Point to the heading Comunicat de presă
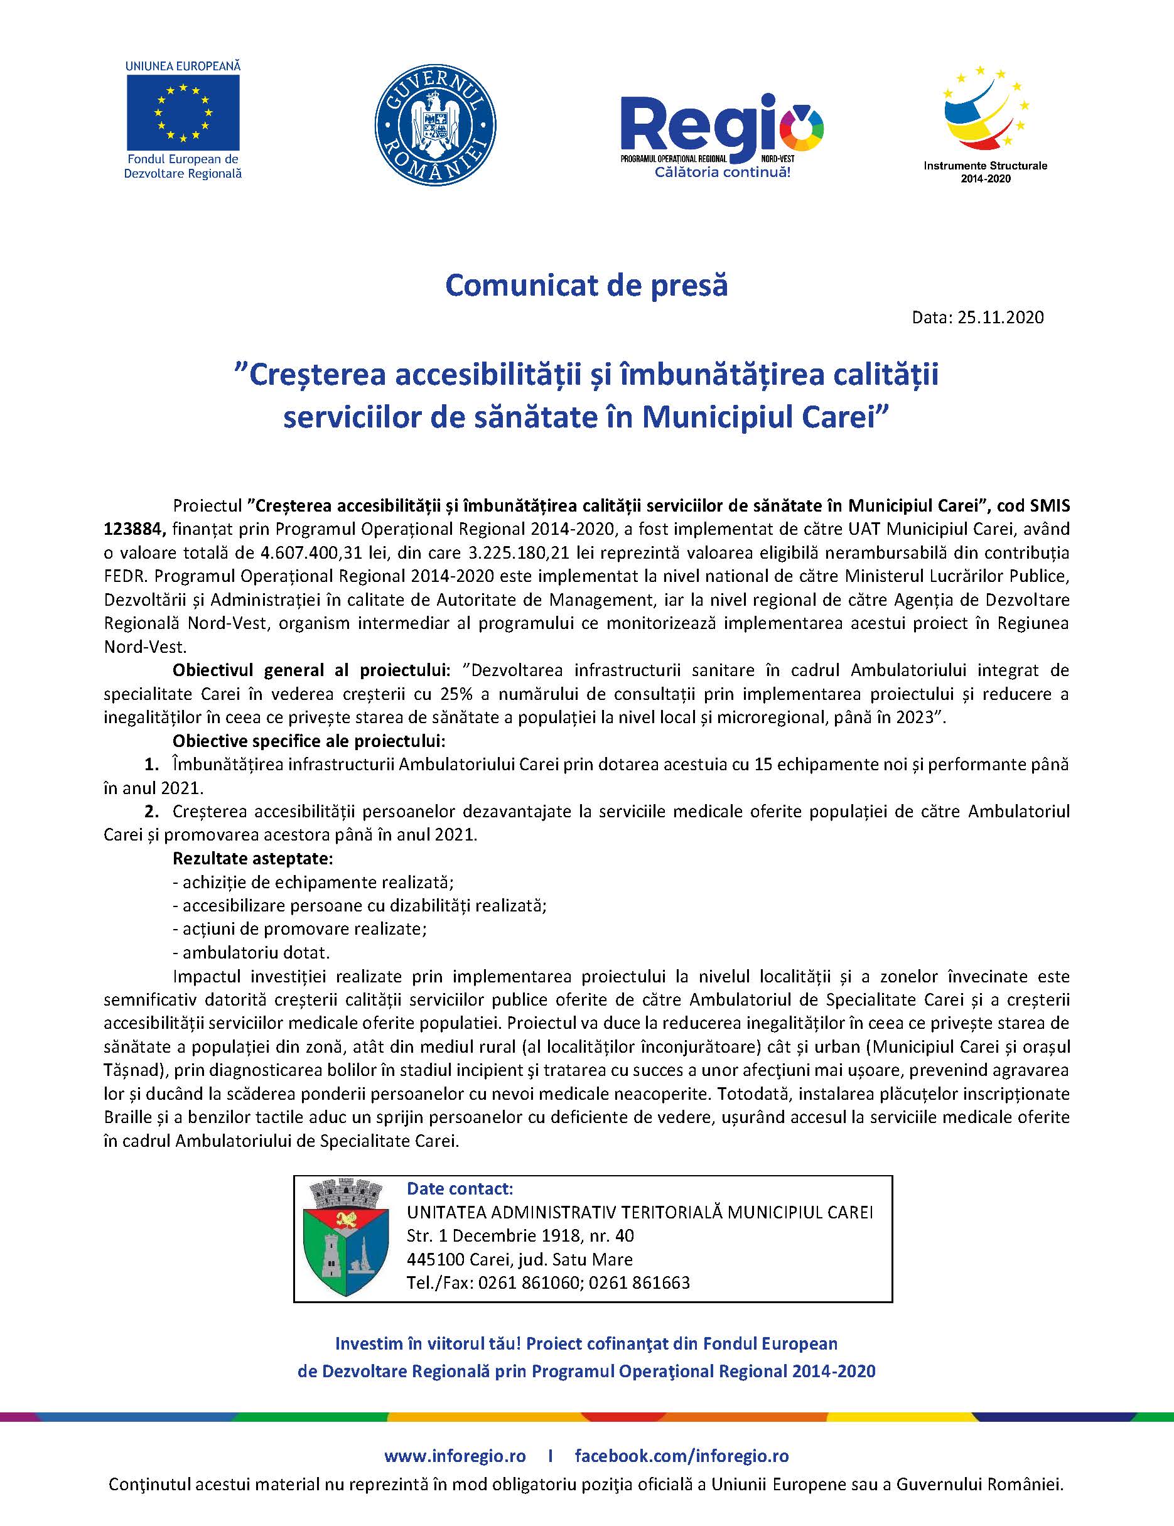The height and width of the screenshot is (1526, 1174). (586, 286)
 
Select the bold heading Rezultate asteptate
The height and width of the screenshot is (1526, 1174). (253, 858)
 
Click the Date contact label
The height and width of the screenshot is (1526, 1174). (460, 1188)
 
